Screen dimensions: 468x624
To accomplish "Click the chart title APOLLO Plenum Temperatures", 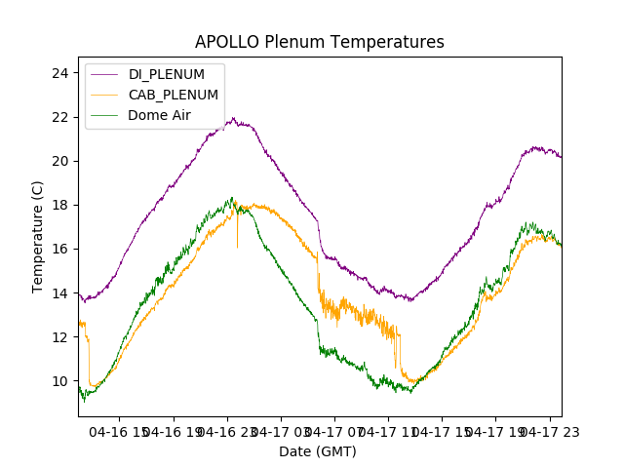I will point(319,42).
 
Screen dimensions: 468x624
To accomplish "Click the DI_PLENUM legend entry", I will point(166,74).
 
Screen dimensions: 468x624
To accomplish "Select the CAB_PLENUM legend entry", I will point(173,95).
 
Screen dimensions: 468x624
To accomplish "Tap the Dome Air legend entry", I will point(159,115).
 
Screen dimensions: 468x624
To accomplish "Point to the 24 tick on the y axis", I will point(59,73).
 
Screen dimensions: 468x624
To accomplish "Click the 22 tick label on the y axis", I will point(59,117).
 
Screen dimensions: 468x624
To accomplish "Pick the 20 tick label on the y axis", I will point(59,161).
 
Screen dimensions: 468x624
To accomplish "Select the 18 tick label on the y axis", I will point(59,205).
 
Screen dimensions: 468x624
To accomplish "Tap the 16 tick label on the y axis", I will point(59,249).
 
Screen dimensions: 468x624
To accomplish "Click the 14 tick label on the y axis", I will point(59,292).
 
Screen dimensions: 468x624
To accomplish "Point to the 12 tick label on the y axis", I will point(59,336).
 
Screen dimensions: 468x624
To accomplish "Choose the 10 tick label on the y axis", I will point(59,380).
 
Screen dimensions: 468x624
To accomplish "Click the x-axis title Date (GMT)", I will point(318,451).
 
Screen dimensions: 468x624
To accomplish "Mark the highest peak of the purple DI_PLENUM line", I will point(233,118).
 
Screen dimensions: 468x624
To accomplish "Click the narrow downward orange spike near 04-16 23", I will point(237,246).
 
